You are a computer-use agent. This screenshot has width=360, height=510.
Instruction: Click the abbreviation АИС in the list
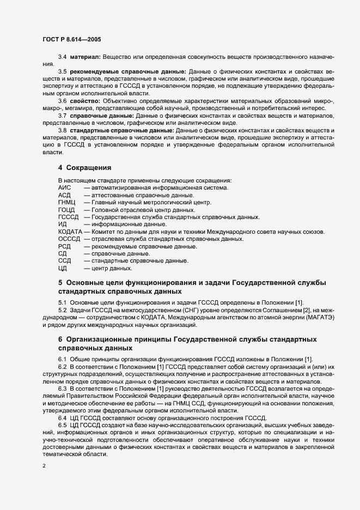pos(65,187)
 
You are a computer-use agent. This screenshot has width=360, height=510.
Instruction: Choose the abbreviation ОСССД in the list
pos(69,239)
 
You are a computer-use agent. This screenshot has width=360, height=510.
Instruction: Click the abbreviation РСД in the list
pos(64,246)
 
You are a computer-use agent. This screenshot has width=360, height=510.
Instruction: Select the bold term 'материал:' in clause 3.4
pos(86,57)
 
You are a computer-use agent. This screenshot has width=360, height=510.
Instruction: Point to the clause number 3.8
pos(63,131)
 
